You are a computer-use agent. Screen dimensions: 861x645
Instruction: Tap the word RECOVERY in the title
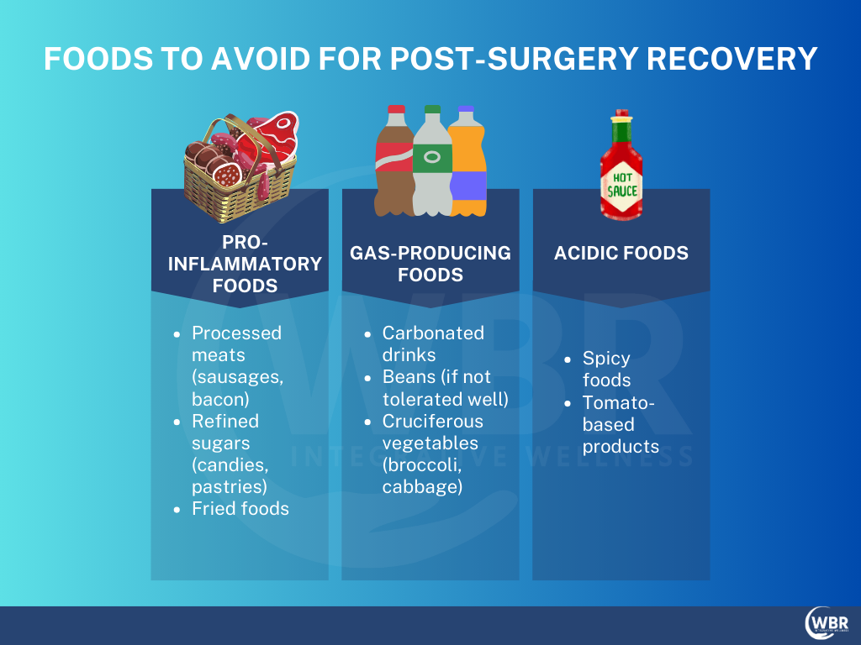tap(732, 59)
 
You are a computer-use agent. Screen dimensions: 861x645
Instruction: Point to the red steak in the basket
tap(275, 137)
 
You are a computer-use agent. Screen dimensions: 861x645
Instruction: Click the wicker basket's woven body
tap(240, 192)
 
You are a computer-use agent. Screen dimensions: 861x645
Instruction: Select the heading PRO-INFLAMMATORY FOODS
tap(245, 264)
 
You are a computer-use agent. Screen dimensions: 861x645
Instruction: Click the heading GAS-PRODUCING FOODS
tap(430, 264)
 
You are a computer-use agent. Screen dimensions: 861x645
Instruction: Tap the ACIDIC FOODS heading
tap(621, 253)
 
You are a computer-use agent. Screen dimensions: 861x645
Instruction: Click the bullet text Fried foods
tap(240, 508)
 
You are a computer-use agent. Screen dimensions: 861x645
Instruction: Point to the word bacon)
tap(221, 399)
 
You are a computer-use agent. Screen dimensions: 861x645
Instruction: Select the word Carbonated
tap(433, 333)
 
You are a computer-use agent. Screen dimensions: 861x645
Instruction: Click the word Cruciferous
tap(433, 421)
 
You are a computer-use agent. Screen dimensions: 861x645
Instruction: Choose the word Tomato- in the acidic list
tap(618, 402)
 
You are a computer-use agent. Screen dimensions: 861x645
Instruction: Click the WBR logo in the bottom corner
tap(827, 623)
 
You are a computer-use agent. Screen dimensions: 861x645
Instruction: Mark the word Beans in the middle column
tap(407, 377)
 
